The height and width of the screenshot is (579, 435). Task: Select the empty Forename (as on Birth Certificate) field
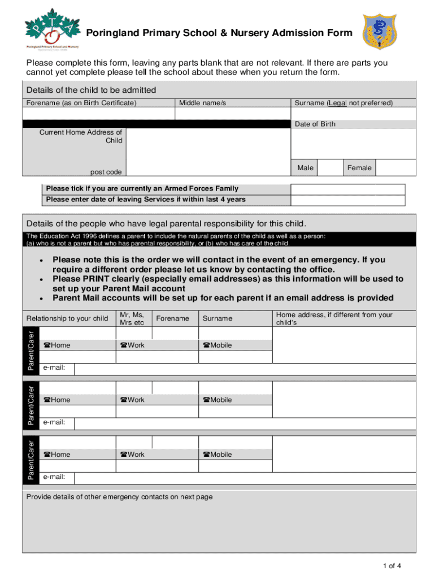[x=98, y=114]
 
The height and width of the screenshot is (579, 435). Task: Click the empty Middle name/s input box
[x=232, y=114]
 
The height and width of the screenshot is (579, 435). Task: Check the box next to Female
[x=395, y=168]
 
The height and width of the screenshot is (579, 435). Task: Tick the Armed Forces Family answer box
[x=347, y=189]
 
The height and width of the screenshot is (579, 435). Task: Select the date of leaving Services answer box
[x=347, y=200]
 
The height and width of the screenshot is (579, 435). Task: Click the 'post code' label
[x=106, y=172]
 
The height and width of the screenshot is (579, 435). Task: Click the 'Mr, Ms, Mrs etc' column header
[x=132, y=318]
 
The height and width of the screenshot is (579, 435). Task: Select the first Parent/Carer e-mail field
[x=245, y=369]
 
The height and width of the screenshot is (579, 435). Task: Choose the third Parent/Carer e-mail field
[x=245, y=478]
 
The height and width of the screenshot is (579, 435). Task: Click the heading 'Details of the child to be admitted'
[x=91, y=90]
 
